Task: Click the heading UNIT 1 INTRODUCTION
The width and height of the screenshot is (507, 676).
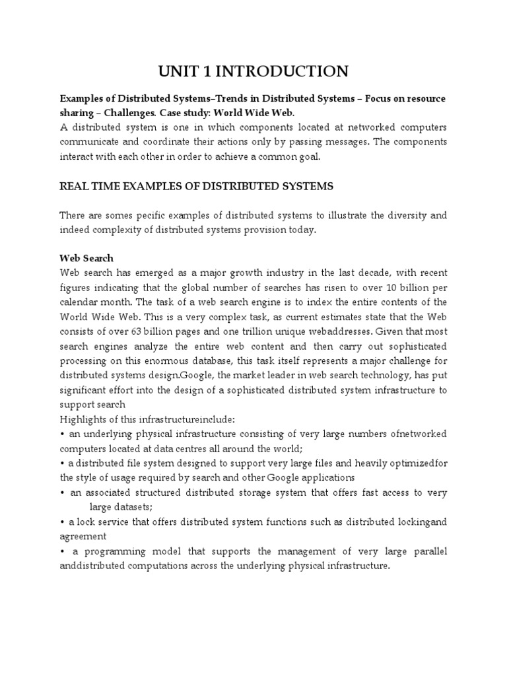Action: (x=253, y=71)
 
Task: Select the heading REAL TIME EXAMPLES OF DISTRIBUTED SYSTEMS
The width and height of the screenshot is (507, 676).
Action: (x=196, y=186)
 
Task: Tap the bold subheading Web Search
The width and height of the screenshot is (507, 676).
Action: (x=86, y=259)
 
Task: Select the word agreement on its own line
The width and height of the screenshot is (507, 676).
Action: (x=83, y=536)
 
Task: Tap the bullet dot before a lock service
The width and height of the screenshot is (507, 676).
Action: (x=62, y=522)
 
